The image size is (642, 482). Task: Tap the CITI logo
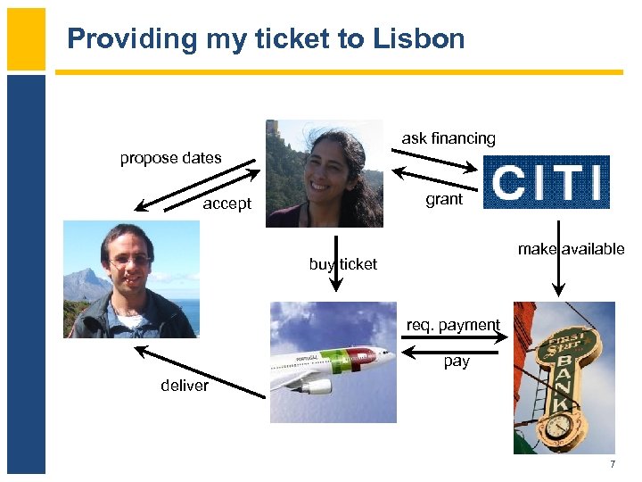point(546,182)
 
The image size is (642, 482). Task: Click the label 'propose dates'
point(170,158)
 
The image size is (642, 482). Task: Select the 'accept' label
point(226,204)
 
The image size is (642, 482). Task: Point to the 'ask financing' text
point(449,138)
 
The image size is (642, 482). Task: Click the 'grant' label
point(444,199)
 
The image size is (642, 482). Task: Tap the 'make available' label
point(571,249)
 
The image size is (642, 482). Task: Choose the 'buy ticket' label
point(343,264)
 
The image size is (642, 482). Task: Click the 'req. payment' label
point(453,325)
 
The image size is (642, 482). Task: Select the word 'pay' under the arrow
point(457,361)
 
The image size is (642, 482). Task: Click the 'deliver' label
point(185,386)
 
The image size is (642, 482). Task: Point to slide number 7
point(613,464)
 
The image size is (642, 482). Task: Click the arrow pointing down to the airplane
point(336,263)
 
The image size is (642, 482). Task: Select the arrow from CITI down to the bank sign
point(558,258)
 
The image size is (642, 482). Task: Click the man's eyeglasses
point(130,260)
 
